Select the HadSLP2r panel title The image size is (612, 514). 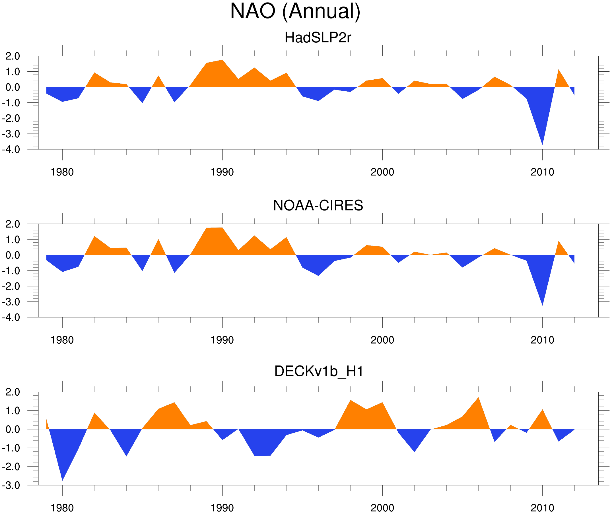(318, 38)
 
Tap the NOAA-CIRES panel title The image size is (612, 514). (318, 205)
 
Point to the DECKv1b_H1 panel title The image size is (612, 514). (319, 371)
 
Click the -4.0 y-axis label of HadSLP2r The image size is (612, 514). (11, 150)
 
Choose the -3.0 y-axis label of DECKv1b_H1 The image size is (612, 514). (11, 486)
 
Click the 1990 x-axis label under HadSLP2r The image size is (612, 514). (222, 172)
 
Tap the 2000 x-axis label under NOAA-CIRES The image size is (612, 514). (382, 340)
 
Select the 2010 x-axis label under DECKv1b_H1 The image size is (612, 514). (542, 508)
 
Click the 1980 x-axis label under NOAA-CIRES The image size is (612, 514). (62, 340)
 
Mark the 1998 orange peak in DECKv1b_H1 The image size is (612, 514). (350, 401)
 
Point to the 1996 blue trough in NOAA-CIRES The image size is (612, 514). (318, 275)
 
